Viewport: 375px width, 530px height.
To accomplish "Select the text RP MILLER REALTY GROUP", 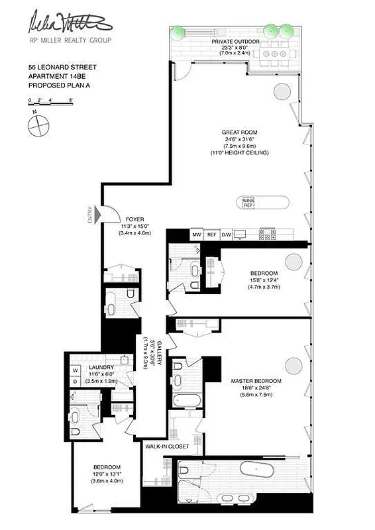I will (68, 40).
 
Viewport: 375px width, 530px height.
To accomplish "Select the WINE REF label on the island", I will (249, 203).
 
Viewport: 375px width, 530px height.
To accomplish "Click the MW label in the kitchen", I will (196, 235).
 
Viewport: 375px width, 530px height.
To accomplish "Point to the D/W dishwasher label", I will (226, 235).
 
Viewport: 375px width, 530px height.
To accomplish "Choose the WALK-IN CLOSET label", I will (167, 447).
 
